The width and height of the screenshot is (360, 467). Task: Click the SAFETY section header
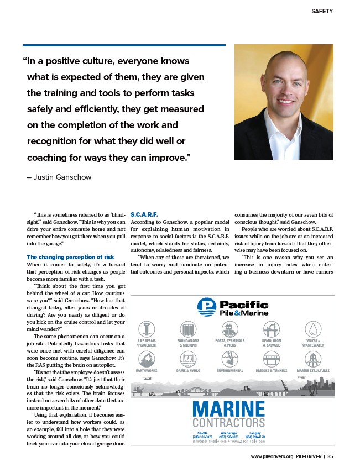click(x=322, y=11)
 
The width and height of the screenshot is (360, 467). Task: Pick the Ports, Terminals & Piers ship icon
click(x=230, y=330)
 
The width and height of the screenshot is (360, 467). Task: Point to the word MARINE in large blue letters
click(x=229, y=409)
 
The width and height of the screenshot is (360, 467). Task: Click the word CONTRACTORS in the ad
click(x=229, y=424)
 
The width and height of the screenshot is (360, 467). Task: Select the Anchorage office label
click(x=228, y=433)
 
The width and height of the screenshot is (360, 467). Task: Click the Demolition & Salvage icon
click(x=272, y=330)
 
